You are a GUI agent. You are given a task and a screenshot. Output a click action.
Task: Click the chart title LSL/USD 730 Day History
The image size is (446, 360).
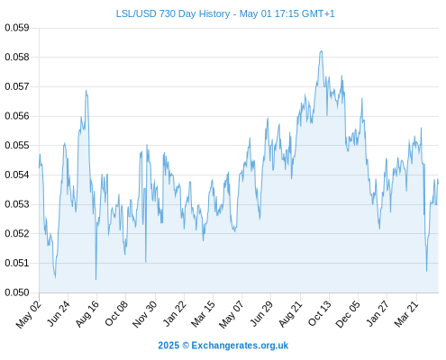(x=173, y=13)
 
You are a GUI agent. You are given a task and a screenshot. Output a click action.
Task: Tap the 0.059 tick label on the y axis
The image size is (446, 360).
(x=17, y=28)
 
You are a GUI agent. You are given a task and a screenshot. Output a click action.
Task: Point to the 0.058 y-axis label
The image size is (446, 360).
(x=17, y=57)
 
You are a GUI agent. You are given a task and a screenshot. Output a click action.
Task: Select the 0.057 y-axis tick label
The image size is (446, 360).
(x=17, y=86)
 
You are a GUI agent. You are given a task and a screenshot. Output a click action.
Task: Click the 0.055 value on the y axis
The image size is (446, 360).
(x=17, y=146)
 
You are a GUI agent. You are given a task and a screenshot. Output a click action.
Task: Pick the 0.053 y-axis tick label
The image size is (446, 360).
(x=17, y=204)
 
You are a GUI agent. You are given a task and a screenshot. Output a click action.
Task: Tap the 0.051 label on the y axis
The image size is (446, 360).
(x=17, y=263)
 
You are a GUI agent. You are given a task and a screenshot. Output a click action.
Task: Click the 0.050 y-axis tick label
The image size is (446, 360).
(x=17, y=292)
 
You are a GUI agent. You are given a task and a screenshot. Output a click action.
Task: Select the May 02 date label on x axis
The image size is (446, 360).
(x=29, y=314)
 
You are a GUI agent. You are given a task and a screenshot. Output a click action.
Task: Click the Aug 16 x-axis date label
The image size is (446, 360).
(x=87, y=314)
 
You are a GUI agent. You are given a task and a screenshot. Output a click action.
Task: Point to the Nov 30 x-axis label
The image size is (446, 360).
(x=145, y=314)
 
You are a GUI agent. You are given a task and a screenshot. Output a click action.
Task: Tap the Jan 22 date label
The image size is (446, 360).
(x=174, y=314)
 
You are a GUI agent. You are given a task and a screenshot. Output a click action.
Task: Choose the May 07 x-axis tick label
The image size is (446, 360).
(x=232, y=314)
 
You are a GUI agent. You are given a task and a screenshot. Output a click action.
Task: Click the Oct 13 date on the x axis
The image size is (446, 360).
(x=320, y=314)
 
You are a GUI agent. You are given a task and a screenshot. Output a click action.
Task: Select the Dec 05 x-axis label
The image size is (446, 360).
(x=348, y=314)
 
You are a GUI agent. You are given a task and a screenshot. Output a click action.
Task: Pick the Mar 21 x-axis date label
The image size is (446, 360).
(x=406, y=314)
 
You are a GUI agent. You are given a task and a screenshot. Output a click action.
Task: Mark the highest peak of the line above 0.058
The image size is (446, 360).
(x=322, y=51)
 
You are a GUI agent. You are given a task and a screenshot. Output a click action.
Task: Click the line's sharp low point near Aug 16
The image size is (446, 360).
(x=96, y=280)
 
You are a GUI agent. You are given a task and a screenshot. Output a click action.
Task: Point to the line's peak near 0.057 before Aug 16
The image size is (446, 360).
(x=86, y=90)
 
